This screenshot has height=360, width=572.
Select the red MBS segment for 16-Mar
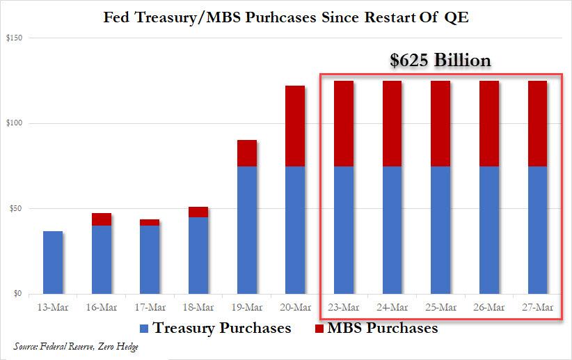pos(101,219)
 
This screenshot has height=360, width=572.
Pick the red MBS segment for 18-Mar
pos(198,212)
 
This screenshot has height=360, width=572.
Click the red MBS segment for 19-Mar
pos(247,153)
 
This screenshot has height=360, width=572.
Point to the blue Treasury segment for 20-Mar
pos(295,230)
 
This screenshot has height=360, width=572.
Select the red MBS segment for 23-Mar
pos(344,123)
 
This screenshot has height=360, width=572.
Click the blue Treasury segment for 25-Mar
pos(440,230)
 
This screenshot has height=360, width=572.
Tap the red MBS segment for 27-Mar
pos(537,123)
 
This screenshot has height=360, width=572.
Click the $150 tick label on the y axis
pos(15,38)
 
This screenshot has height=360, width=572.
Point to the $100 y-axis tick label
pos(15,123)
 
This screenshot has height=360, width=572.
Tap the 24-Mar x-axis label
pos(392,308)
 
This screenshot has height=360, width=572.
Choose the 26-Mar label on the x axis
pos(489,308)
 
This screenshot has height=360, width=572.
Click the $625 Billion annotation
pos(440,61)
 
